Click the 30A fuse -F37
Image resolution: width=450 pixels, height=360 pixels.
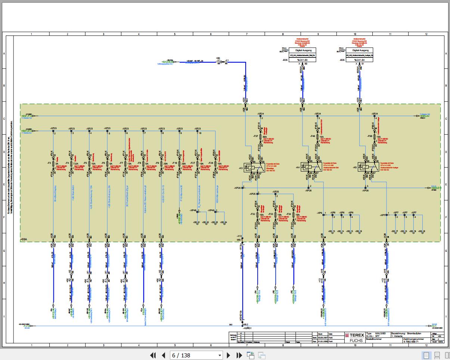pyautogui.click(x=260, y=137)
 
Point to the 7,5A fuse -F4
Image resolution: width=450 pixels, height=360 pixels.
pyautogui.click(x=71, y=163)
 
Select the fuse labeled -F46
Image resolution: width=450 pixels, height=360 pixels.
pyautogui.click(x=317, y=137)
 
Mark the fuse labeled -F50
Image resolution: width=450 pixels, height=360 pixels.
pyautogui.click(x=373, y=137)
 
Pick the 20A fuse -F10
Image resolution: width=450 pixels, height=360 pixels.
pyautogui.click(x=179, y=163)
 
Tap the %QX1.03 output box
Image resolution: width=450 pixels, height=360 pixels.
pyautogui.click(x=302, y=60)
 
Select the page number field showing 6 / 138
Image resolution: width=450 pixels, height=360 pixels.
pyautogui.click(x=196, y=355)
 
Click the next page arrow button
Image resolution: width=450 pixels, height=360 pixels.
pyautogui.click(x=229, y=355)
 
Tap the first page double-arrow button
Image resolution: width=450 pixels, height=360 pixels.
pyautogui.click(x=153, y=355)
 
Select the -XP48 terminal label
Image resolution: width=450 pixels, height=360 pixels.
pyautogui.click(x=193, y=210)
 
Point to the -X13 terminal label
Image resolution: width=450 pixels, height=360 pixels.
pyautogui.click(x=239, y=236)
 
